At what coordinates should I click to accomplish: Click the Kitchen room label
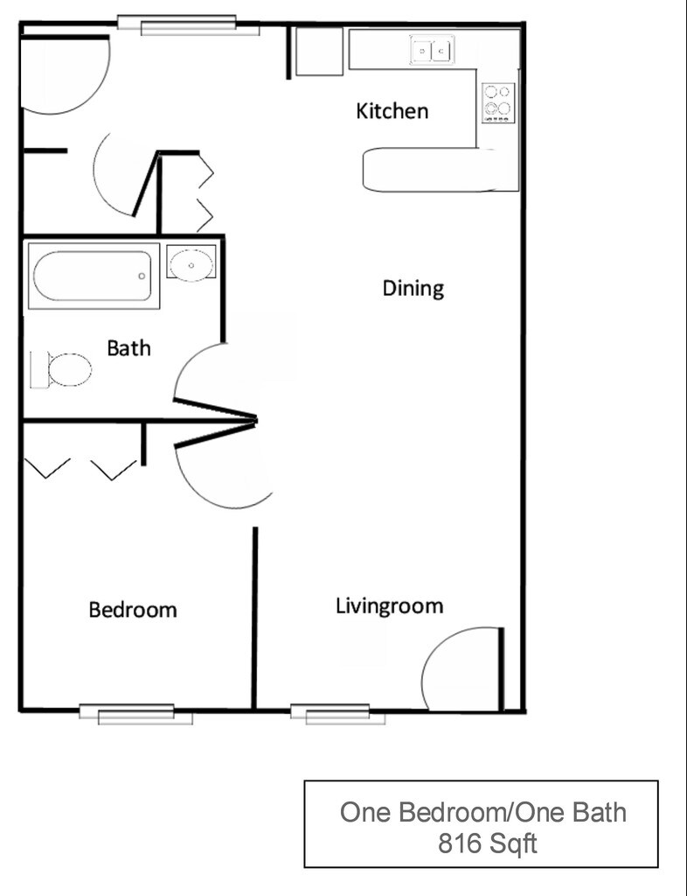(x=392, y=111)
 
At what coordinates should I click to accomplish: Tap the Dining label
(x=413, y=288)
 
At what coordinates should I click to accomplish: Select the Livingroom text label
(x=389, y=605)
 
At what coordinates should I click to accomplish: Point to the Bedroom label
(x=132, y=609)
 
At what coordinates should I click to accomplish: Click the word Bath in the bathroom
(x=128, y=348)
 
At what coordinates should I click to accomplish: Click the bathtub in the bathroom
(x=93, y=276)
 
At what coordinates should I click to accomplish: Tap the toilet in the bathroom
(x=63, y=369)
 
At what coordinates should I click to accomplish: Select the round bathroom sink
(x=191, y=264)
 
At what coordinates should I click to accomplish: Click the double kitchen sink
(x=433, y=51)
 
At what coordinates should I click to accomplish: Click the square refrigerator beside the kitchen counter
(x=318, y=52)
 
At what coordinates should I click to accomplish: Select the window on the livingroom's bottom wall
(x=337, y=714)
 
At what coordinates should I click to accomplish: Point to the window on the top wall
(x=189, y=25)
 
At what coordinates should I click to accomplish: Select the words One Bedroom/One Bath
(x=482, y=812)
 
